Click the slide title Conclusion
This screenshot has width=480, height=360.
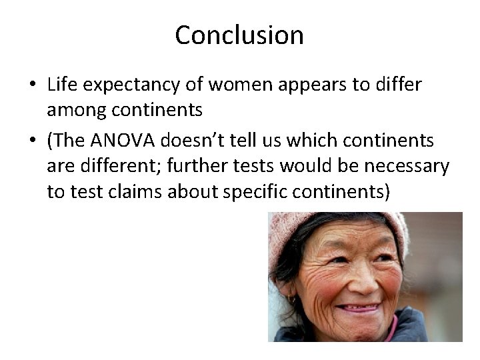(239, 35)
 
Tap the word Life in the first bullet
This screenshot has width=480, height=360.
(61, 85)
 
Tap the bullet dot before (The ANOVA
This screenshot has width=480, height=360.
(32, 141)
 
